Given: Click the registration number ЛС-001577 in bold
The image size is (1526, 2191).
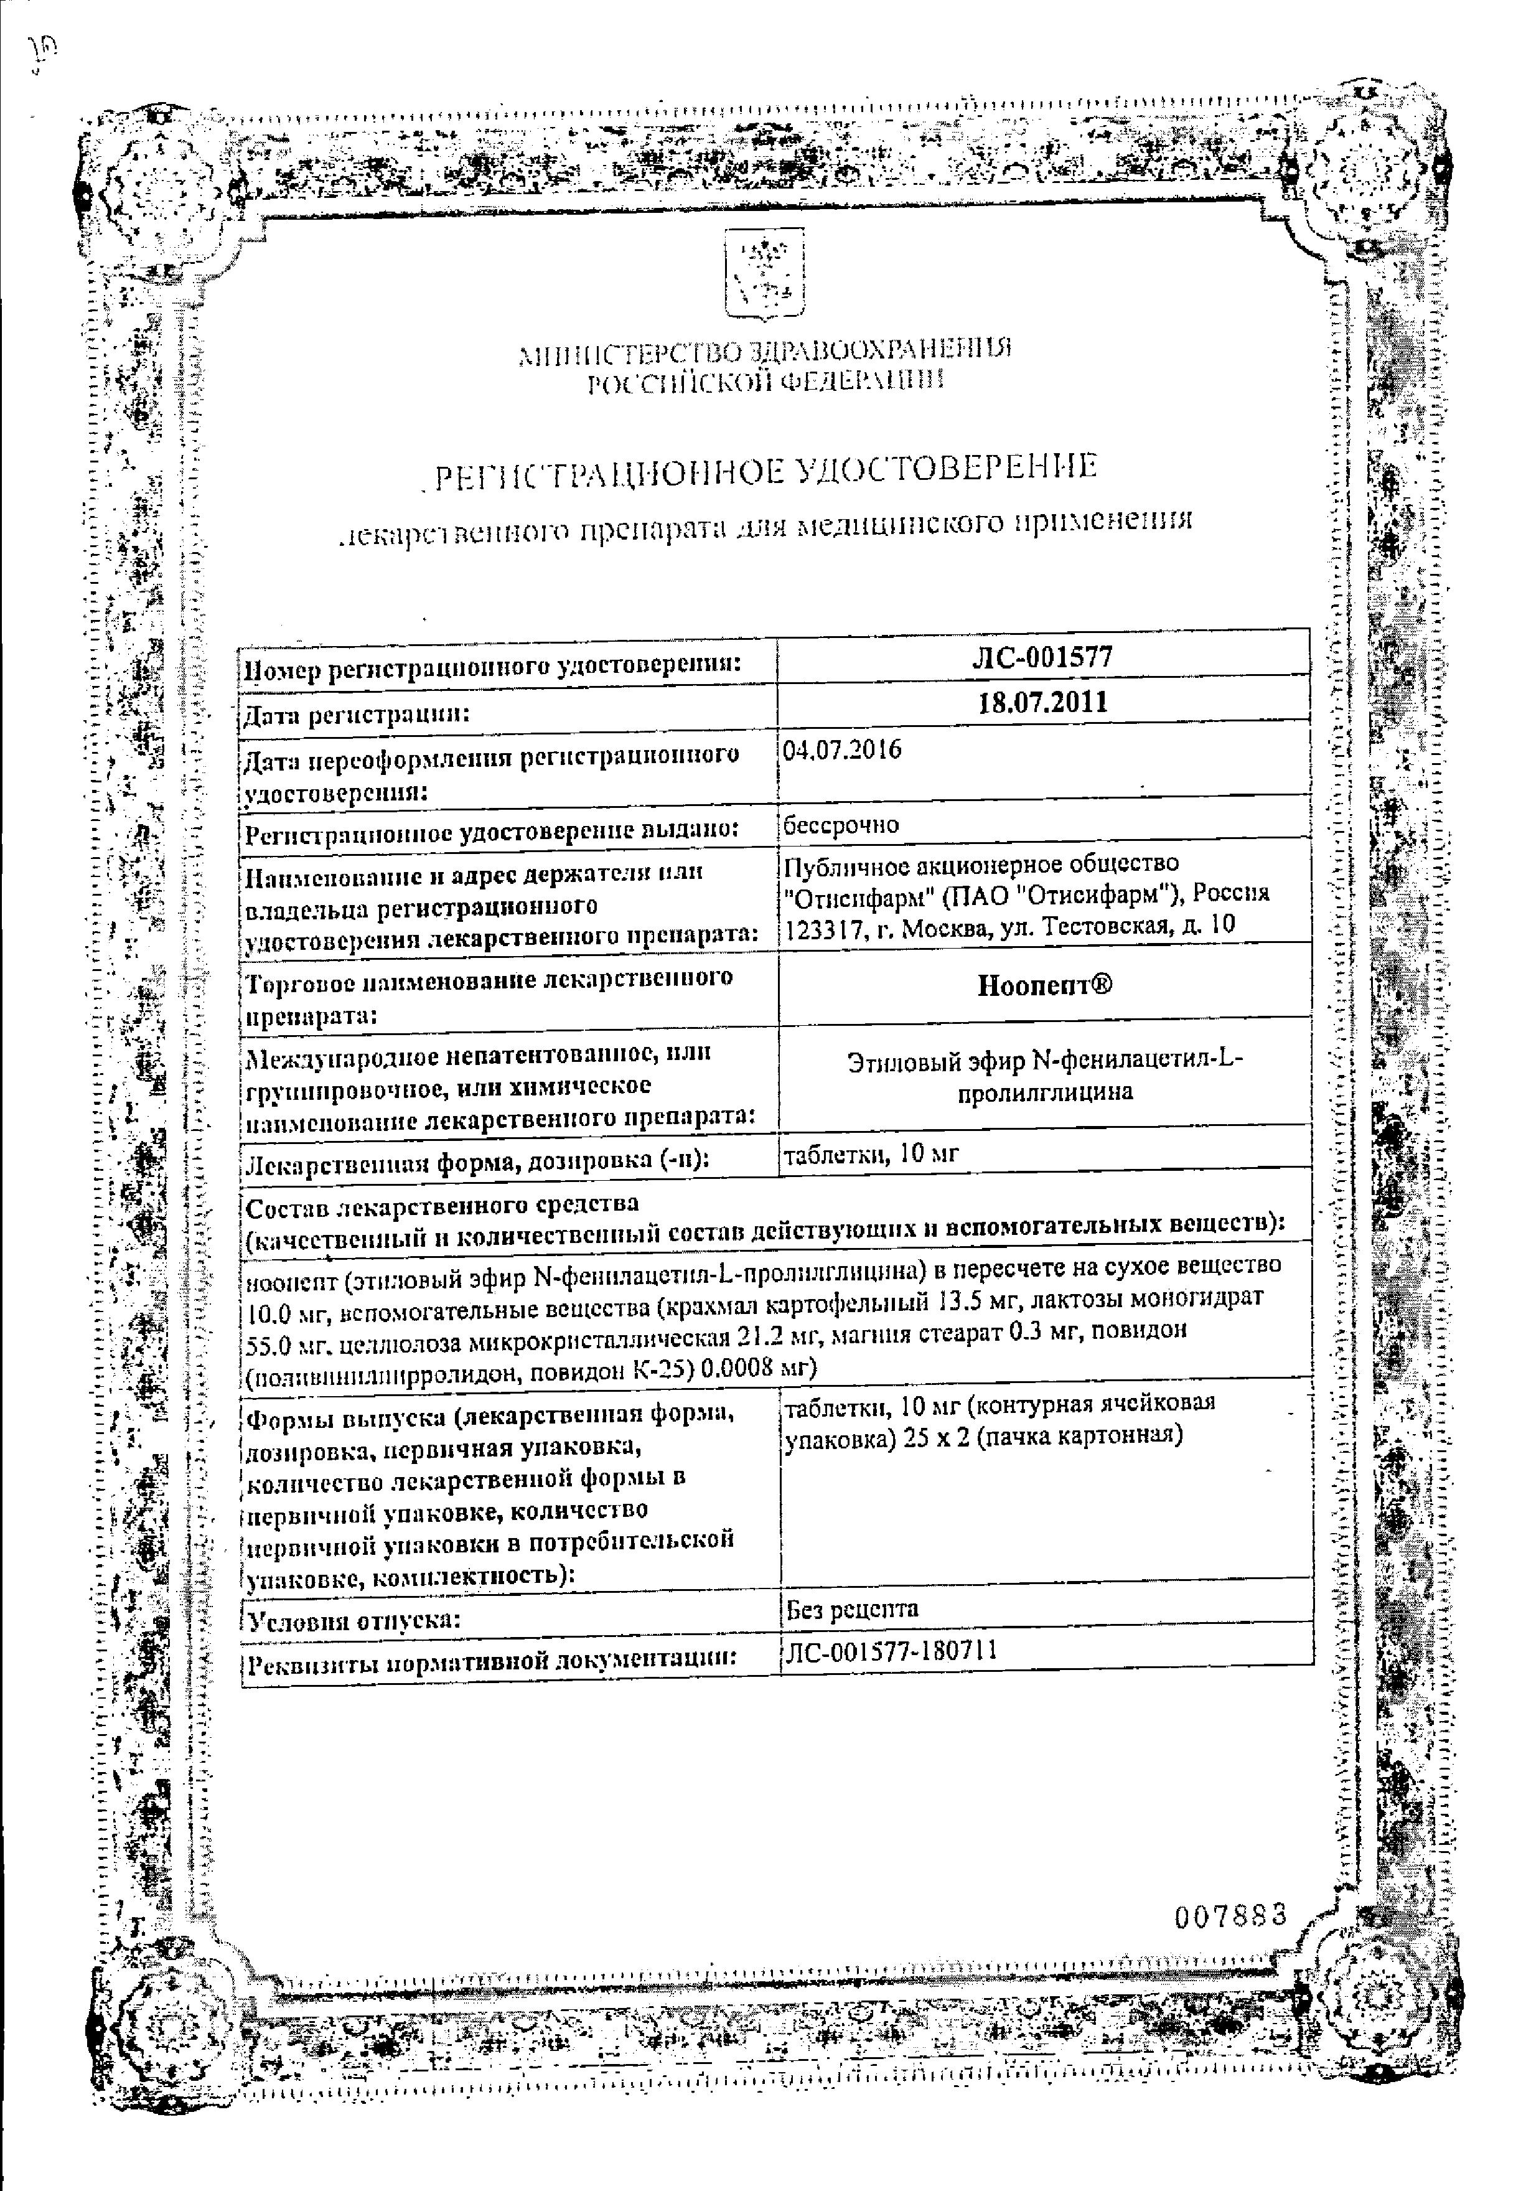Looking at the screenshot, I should pyautogui.click(x=1043, y=657).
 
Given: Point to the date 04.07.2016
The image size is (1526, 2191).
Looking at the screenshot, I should pyautogui.click(x=842, y=749).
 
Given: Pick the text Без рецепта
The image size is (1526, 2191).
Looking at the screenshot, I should pyautogui.click(x=852, y=1610).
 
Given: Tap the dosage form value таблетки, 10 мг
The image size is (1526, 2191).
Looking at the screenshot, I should pyautogui.click(x=871, y=1154).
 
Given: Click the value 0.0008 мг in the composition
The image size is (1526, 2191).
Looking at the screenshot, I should pyautogui.click(x=753, y=1368).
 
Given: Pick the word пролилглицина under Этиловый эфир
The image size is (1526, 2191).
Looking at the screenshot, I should pyautogui.click(x=1044, y=1092).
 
